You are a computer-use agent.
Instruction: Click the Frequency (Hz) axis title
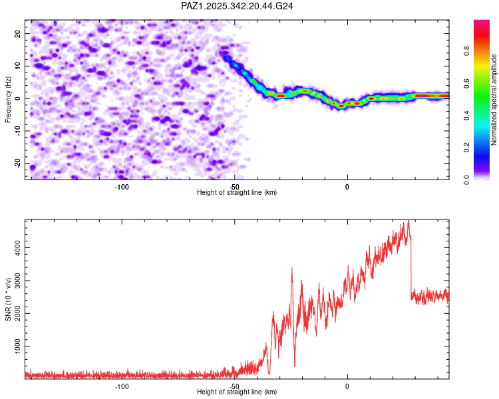8,99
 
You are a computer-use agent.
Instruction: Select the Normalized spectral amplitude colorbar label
494,100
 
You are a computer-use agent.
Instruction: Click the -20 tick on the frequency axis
17,164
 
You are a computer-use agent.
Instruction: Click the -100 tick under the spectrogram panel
121,187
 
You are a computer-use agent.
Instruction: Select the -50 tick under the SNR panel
234,386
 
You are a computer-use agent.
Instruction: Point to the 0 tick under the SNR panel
347,386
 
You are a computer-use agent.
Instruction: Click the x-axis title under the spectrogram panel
237,193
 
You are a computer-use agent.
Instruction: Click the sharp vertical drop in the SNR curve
411,266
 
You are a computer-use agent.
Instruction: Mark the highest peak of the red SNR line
409,221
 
